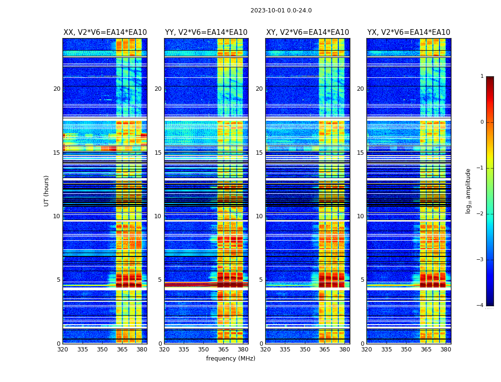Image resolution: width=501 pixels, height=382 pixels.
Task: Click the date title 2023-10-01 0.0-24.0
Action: (281, 11)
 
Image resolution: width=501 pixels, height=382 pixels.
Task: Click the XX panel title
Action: (105, 32)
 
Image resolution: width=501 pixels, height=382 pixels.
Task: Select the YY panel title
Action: (206, 32)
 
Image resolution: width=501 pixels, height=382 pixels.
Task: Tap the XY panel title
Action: (307, 32)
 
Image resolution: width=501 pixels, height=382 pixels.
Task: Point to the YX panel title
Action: (408, 32)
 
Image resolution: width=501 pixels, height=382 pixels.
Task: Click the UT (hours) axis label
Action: (47, 191)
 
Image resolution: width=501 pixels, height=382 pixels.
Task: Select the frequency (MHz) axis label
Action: (230, 359)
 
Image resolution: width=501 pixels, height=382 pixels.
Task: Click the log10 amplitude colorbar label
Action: (469, 191)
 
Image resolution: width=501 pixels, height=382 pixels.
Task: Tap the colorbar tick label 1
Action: (482, 76)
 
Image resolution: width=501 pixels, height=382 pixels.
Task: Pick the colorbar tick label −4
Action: (481, 306)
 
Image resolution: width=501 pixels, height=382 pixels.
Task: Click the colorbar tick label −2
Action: (481, 214)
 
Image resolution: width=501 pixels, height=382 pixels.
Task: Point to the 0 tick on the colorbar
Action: (482, 122)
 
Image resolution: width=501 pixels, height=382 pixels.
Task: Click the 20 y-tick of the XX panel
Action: (57, 89)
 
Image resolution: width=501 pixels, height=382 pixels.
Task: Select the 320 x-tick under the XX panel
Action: (63, 350)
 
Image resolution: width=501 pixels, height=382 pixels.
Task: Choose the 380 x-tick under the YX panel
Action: (446, 350)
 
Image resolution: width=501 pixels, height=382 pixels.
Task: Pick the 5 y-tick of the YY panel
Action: (160, 280)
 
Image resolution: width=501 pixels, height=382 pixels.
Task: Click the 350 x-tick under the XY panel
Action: (305, 350)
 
